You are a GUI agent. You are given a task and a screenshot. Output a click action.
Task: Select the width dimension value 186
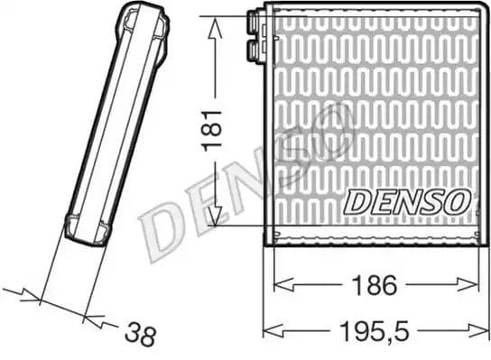(375, 285)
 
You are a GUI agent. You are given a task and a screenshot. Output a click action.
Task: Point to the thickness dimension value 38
(139, 335)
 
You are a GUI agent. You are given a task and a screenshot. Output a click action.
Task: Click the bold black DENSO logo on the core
(405, 201)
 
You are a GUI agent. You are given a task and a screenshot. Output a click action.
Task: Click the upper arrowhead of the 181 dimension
(215, 27)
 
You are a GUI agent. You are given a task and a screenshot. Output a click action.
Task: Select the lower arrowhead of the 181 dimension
(214, 217)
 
